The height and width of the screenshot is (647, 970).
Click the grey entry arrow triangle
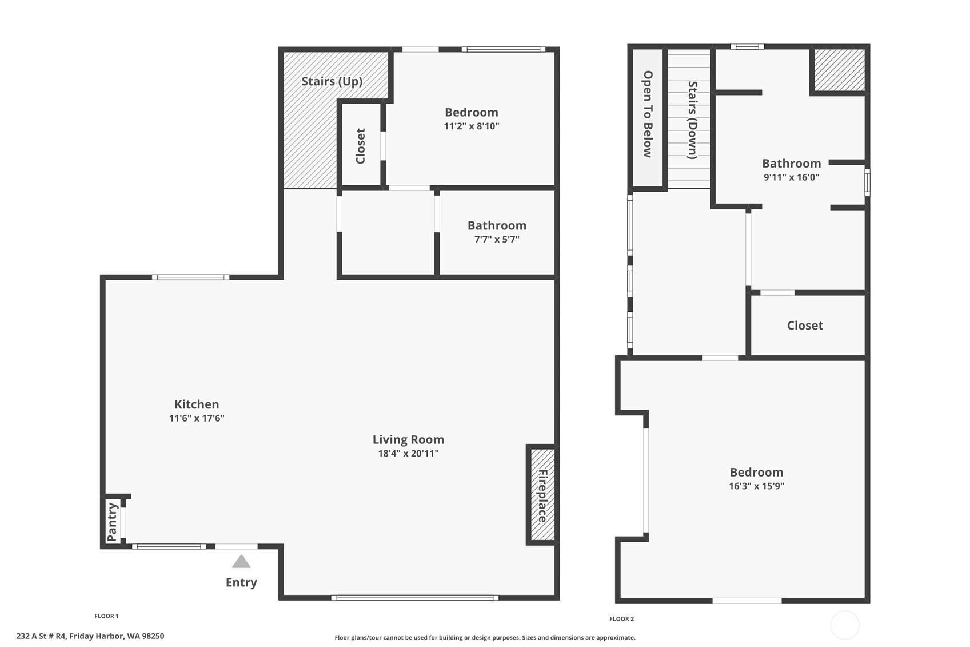(x=241, y=562)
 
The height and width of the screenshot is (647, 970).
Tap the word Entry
(x=241, y=582)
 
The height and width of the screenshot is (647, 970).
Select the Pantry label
(x=112, y=522)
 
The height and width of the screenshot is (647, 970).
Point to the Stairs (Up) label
(x=332, y=81)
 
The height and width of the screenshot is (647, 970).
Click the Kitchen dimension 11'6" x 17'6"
(x=197, y=418)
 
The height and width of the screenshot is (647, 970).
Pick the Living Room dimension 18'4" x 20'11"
(x=408, y=453)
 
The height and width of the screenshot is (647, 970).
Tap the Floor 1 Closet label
(x=360, y=146)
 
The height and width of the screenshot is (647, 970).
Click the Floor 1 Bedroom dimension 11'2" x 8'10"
(x=472, y=126)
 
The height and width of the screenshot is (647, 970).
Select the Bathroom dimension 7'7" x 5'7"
(x=497, y=239)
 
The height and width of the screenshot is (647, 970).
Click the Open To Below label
(x=648, y=114)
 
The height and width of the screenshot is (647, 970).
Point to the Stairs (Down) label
(x=693, y=120)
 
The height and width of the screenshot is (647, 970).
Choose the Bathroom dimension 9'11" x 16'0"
(x=792, y=177)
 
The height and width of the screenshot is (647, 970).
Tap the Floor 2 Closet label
(x=805, y=326)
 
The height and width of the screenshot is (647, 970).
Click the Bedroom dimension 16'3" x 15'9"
(x=757, y=486)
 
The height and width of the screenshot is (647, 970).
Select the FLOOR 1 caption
(x=106, y=616)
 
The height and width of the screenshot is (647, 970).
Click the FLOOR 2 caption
(x=621, y=619)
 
